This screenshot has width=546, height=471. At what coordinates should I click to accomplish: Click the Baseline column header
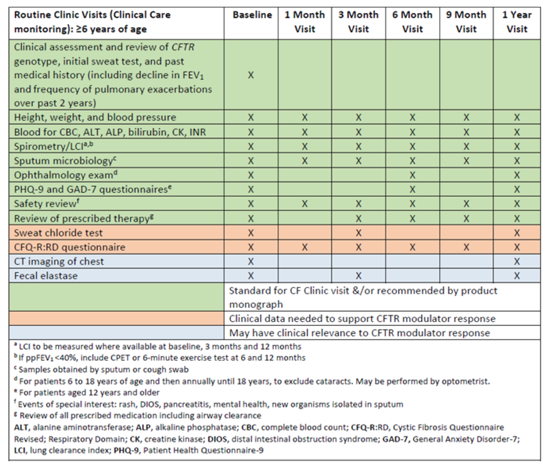[x=252, y=15]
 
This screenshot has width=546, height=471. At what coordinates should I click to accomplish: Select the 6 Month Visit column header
[x=412, y=22]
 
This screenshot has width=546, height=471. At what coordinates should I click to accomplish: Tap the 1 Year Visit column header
[x=516, y=22]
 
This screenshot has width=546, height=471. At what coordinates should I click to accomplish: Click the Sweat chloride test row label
[x=58, y=233]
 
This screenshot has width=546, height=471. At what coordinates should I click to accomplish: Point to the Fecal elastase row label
[x=46, y=276]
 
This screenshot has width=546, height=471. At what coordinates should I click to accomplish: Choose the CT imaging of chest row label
[x=59, y=261]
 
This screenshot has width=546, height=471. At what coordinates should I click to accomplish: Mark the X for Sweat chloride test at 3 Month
[x=358, y=233]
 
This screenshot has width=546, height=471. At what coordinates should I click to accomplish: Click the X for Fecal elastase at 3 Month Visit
[x=358, y=276]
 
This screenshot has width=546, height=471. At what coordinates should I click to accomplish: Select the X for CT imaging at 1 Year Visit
[x=516, y=261]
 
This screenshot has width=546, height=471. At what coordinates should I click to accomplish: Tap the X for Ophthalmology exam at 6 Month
[x=412, y=175]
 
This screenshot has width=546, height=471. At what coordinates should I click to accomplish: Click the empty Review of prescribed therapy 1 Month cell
[x=304, y=218]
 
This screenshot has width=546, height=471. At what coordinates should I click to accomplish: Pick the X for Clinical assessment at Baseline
[x=251, y=75]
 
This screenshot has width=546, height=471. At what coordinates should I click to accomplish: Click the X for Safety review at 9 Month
[x=466, y=204]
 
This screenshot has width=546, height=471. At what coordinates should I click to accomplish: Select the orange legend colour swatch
[x=116, y=318]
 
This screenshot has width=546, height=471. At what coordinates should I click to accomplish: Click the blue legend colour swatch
[x=116, y=332]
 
